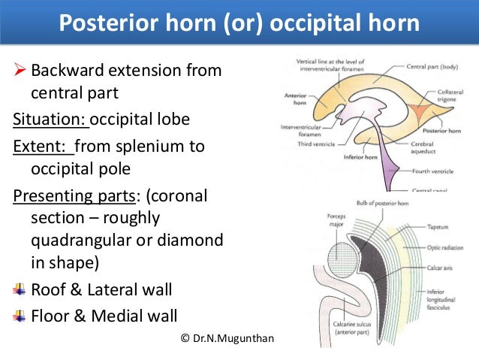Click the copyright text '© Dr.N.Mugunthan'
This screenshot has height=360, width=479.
coord(228,339)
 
